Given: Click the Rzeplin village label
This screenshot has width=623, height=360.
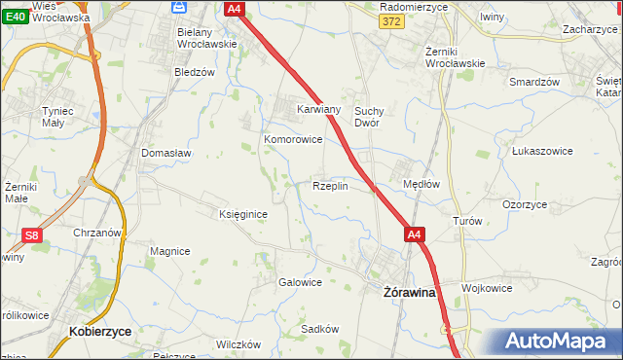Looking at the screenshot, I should [329, 186].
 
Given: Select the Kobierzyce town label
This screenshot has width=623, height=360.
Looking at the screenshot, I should [101, 331].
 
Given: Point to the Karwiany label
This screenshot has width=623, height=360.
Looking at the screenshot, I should [318, 110].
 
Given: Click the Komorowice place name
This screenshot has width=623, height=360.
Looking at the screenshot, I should [293, 139].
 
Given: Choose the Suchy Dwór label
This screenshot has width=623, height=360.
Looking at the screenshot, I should [373, 117].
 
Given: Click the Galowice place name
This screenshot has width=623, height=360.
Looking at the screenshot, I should [300, 282].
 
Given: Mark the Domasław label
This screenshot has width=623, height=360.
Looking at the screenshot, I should [165, 153].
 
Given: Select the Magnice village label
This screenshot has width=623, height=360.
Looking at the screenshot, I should [169, 251].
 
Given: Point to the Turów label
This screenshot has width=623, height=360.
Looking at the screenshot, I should [467, 221].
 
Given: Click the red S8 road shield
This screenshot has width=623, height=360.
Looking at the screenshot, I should [32, 235].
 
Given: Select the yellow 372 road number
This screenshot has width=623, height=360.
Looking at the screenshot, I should [390, 22].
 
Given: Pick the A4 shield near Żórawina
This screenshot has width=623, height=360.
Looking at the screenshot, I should [415, 234].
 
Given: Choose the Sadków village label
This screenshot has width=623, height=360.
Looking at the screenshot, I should [319, 329].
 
